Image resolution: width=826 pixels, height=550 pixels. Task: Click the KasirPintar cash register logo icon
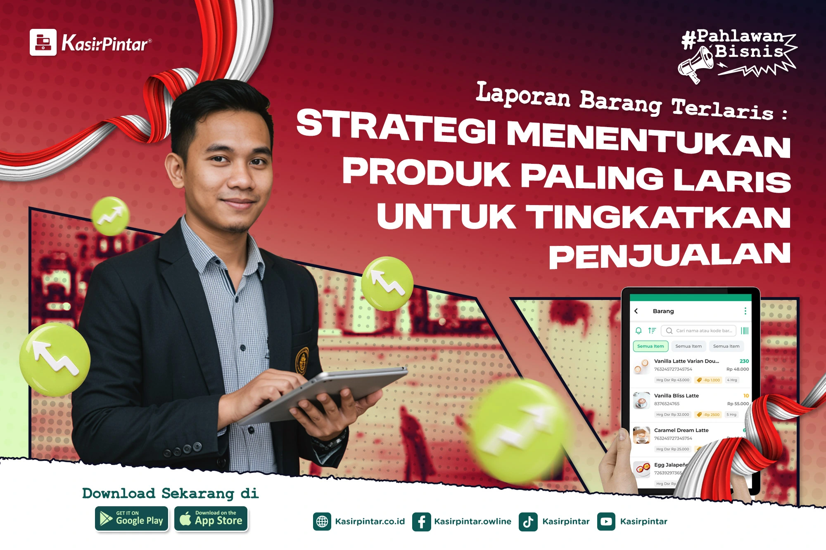point(43,42)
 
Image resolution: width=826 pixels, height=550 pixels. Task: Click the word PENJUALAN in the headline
point(669,255)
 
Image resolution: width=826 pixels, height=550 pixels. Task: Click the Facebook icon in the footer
point(421,522)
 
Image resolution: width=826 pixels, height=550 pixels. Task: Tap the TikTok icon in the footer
point(528,522)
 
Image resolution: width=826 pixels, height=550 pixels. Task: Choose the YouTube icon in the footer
point(606,522)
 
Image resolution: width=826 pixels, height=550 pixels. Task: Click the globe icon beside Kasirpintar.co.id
point(322,522)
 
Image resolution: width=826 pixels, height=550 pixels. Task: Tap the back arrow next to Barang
point(636,311)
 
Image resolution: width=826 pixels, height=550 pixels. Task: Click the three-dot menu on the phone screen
point(745,311)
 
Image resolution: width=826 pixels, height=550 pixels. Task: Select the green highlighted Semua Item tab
point(650,346)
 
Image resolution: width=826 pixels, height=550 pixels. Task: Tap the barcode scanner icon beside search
point(745,330)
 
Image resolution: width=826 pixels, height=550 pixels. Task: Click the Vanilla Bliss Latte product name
point(676,396)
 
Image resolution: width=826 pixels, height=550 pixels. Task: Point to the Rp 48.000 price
point(737,369)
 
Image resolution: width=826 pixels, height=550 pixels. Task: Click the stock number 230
point(744,361)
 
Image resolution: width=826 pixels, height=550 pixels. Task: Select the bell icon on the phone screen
point(638,330)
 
